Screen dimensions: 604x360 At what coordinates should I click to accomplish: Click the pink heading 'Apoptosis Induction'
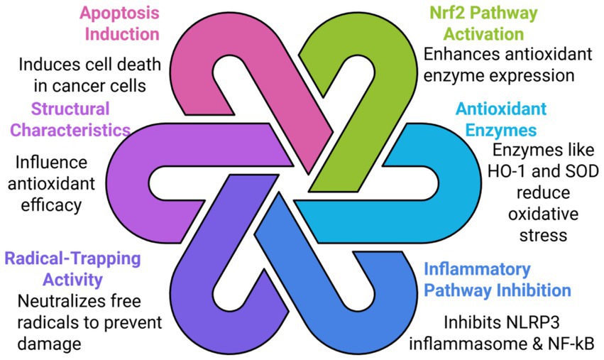pos(119,23)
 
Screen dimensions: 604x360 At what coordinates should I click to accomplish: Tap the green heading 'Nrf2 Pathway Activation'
pos(483,23)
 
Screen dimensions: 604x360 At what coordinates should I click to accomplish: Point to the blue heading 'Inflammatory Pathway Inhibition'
pos(497,280)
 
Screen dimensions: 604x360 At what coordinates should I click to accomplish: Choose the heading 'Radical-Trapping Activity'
pos(72,268)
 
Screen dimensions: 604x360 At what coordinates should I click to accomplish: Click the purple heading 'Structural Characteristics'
pos(70,119)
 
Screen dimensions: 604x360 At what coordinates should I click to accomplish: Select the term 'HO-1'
pos(513,171)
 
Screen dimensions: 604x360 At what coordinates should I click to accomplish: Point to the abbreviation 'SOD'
pos(581,171)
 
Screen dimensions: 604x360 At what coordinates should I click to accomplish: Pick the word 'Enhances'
pos(456,54)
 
